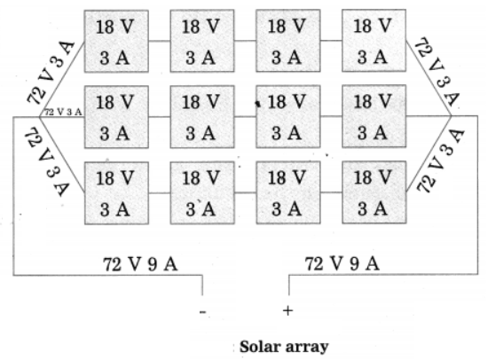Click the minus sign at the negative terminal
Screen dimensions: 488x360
(202, 311)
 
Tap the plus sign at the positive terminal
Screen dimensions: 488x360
(287, 310)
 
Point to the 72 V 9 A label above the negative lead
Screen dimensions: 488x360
(140, 264)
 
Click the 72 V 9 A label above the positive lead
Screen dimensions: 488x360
(342, 264)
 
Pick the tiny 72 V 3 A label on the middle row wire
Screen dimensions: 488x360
(64, 112)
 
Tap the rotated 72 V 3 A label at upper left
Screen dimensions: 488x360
(51, 73)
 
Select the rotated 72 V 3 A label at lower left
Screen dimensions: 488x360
(48, 161)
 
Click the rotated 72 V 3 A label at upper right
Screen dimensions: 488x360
(437, 72)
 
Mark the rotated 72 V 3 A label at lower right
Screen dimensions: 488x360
(440, 160)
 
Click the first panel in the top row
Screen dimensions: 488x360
(116, 41)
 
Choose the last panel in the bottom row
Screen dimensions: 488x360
(374, 192)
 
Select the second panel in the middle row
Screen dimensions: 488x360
(202, 117)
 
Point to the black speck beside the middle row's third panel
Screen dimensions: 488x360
(257, 104)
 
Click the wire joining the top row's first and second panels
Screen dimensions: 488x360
(160, 41)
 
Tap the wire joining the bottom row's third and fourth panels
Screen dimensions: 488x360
(331, 192)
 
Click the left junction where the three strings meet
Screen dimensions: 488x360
(40, 117)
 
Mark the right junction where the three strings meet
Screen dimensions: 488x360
(451, 116)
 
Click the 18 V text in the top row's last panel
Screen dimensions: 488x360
(373, 26)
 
